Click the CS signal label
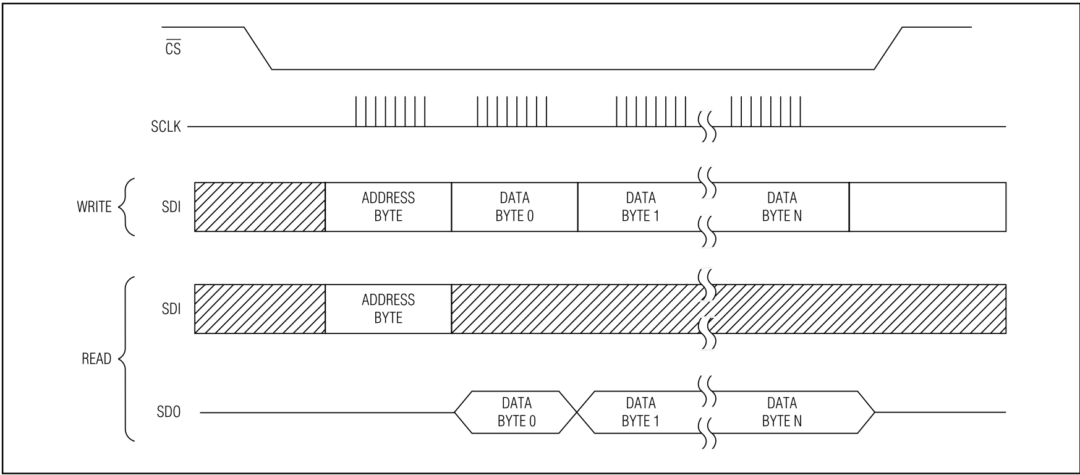[x=173, y=48]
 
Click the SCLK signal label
[x=166, y=127]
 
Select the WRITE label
[x=94, y=207]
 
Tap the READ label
[x=96, y=359]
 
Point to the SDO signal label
[x=168, y=412]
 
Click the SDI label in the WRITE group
[x=171, y=207]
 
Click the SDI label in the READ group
[x=171, y=309]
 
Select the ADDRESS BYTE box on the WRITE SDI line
[x=388, y=207]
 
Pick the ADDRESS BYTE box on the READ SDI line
[x=388, y=309]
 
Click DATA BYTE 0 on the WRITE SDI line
[x=514, y=207]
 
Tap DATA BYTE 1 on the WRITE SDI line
[x=640, y=207]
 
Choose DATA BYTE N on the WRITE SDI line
[x=782, y=207]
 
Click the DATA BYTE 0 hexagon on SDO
[x=516, y=412]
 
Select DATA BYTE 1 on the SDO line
[x=640, y=412]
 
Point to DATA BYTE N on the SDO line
[x=782, y=412]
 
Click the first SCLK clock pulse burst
[x=390, y=111]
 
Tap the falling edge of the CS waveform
[x=258, y=48]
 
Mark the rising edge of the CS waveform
[x=888, y=48]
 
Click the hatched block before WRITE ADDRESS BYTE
[x=260, y=207]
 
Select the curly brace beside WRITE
[x=125, y=207]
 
